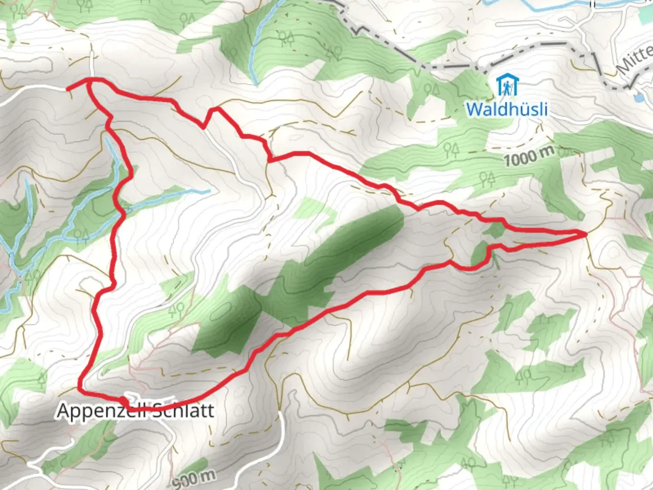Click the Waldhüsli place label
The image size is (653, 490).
click(507, 109)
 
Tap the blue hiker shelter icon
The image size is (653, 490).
click(507, 85)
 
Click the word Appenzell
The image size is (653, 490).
click(101, 411)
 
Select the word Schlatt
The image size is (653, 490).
click(181, 411)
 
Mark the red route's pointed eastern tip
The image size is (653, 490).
click(585, 234)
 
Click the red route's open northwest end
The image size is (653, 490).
click(68, 89)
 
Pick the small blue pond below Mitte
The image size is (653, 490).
click(638, 97)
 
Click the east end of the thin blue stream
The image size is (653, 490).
click(209, 191)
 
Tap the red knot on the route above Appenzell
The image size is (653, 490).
click(123, 401)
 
